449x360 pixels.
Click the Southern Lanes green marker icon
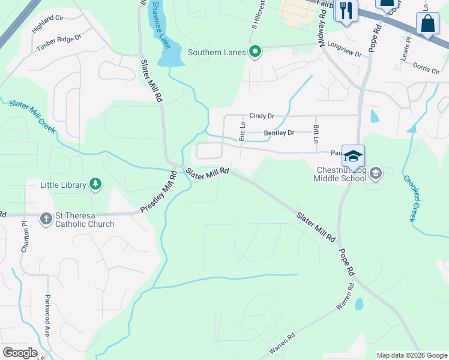coord(255,52)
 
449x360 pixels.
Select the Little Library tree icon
coord(95,184)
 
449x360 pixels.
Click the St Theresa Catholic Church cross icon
coord(46,219)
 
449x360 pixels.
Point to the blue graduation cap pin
coord(353,156)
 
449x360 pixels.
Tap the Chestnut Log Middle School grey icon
coord(376,174)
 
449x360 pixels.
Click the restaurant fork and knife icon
coord(346,10)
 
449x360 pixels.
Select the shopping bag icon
coord(427,25)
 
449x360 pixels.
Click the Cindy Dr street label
coord(262,116)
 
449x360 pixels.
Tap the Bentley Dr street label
coord(279,133)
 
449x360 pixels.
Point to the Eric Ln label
coord(243,131)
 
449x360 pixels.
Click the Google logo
coord(20,353)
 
